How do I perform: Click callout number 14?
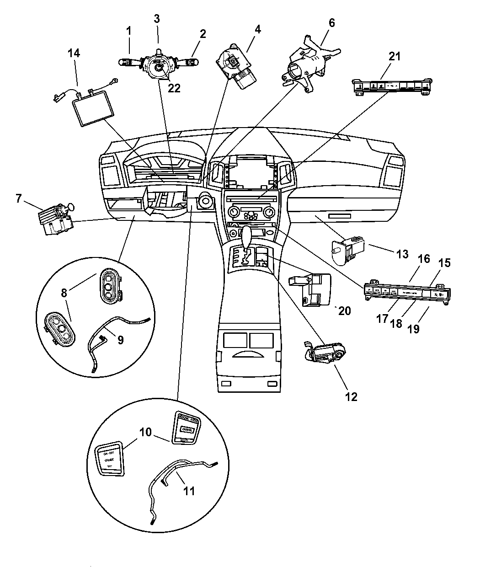tap(74, 53)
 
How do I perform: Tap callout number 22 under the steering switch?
tap(174, 88)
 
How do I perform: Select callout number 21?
tap(394, 56)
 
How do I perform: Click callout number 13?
tap(402, 254)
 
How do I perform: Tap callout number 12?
tap(351, 396)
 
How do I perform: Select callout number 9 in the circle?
tap(120, 340)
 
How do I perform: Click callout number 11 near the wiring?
tap(189, 491)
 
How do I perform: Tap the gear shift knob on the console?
tap(247, 235)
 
